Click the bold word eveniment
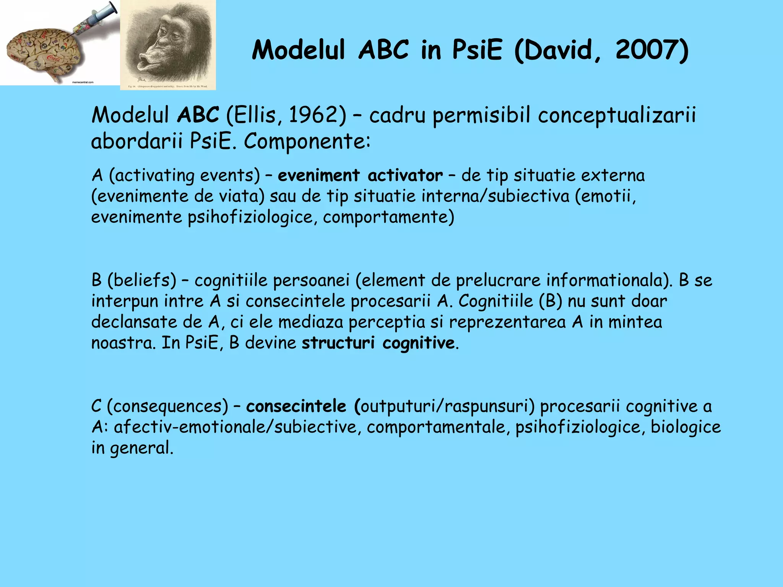318,175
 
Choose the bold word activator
405,175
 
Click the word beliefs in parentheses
142,280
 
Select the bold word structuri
338,342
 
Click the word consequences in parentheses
167,406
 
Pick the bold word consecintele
296,406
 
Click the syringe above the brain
96,19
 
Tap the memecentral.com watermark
83,82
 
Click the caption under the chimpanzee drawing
168,87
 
